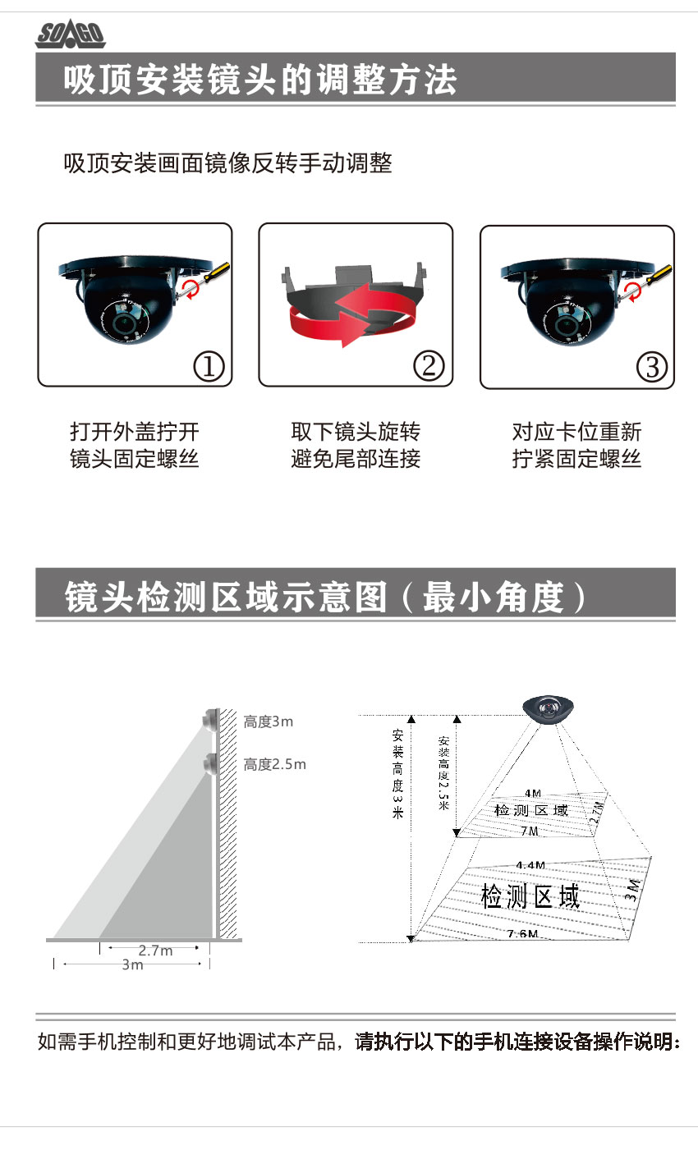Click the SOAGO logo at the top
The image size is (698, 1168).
[71, 35]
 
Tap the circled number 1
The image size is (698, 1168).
[209, 367]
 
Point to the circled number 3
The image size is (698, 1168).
[651, 367]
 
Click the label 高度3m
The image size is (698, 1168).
[269, 722]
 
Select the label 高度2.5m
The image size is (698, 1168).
[274, 764]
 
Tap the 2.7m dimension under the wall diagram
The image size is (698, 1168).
[155, 950]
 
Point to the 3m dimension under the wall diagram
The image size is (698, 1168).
[132, 964]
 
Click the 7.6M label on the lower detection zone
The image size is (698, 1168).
[523, 933]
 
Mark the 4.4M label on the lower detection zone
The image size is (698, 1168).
[530, 865]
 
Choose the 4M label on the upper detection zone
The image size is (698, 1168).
[533, 793]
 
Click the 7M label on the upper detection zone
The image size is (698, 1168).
[529, 831]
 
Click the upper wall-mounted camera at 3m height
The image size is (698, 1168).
[211, 720]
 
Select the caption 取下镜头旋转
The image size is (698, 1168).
[356, 432]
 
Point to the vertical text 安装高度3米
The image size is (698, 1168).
[397, 774]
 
